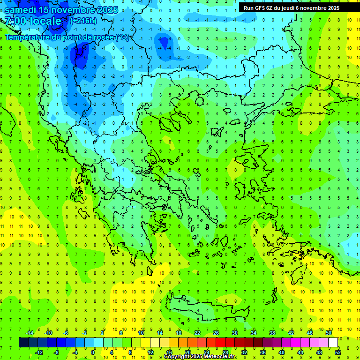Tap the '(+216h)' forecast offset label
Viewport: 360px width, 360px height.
point(83,21)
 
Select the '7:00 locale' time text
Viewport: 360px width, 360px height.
point(33,21)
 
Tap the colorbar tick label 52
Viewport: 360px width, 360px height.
point(337,352)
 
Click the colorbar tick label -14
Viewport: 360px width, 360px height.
point(29,332)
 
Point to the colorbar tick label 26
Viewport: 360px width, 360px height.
point(216,332)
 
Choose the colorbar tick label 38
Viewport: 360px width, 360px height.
point(272,332)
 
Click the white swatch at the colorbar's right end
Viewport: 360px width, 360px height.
point(333,342)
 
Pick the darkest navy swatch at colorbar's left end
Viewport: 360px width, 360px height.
point(23,342)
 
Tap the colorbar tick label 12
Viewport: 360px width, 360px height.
point(150,352)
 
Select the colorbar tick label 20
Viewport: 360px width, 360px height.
point(187,352)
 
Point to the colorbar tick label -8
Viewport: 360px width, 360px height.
point(57,352)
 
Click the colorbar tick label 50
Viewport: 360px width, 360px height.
point(329,332)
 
